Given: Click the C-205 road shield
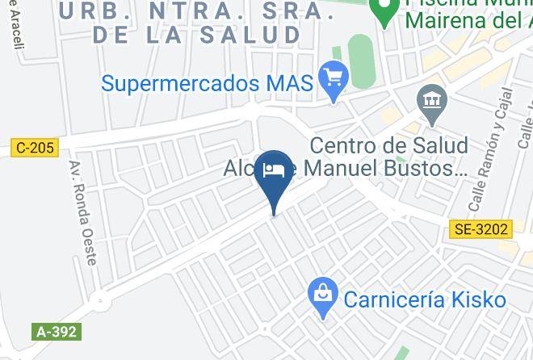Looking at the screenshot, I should click(35, 148).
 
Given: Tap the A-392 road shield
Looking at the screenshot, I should click(57, 332).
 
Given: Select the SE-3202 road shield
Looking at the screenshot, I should click(480, 229).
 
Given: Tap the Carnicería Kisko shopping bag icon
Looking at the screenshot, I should click(323, 299).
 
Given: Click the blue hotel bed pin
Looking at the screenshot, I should click(276, 170).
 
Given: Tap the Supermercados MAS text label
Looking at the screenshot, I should click(207, 83).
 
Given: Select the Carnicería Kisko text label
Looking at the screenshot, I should click(424, 300).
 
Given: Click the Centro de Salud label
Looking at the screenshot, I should click(388, 146).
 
